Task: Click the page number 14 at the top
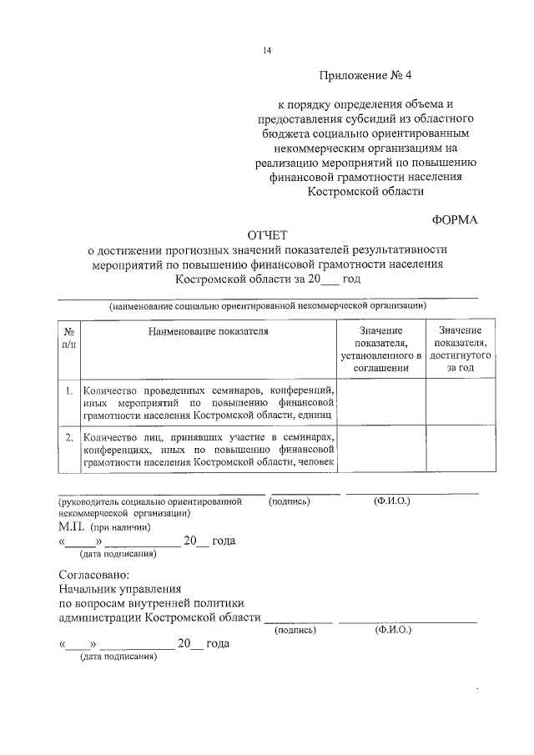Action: [x=267, y=51]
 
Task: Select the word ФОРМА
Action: [x=455, y=219]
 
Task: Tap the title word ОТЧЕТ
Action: [x=266, y=235]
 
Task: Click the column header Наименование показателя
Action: [x=209, y=331]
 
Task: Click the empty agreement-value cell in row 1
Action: [x=380, y=402]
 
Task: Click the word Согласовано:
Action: [x=94, y=576]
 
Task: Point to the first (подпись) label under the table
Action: [x=290, y=501]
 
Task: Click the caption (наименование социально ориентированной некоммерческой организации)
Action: [x=268, y=306]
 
